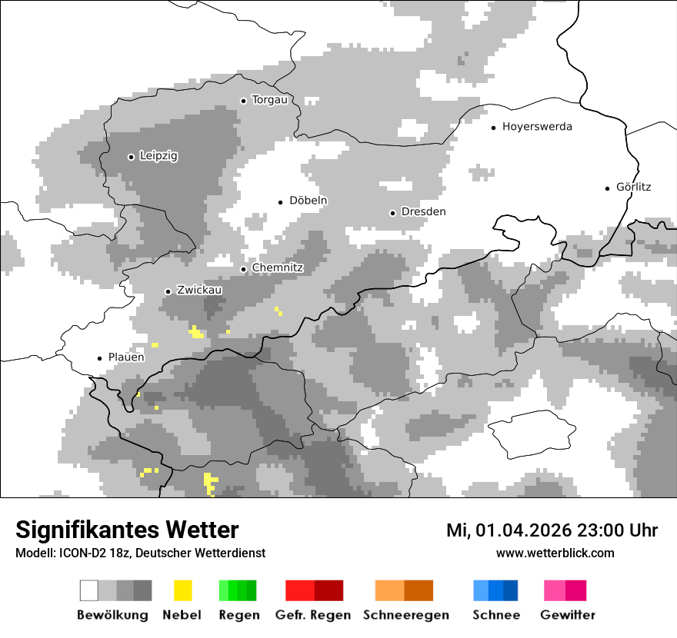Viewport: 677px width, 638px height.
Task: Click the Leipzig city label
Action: pos(158,156)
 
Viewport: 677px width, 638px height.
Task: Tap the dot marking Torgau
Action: pos(243,101)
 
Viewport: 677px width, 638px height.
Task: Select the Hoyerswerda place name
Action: pos(537,127)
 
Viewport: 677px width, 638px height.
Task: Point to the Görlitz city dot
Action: pos(608,188)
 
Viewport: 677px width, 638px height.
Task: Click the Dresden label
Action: pos(423,212)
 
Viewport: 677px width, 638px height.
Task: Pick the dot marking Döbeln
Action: pos(281,202)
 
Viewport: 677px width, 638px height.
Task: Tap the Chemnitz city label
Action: pos(278,268)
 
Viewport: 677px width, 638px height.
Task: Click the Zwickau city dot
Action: pos(168,291)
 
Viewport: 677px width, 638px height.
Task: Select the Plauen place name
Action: pos(126,357)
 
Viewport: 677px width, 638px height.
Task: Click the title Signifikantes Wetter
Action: pos(127,530)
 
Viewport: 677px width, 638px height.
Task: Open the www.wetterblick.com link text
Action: pos(555,553)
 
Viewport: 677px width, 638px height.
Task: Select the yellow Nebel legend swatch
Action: pos(182,590)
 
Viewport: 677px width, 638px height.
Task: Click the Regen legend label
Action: pos(238,615)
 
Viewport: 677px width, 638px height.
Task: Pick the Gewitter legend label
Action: pos(567,615)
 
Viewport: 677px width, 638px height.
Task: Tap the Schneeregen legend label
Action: pos(405,615)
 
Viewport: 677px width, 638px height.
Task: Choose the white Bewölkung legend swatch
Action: pos(89,590)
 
